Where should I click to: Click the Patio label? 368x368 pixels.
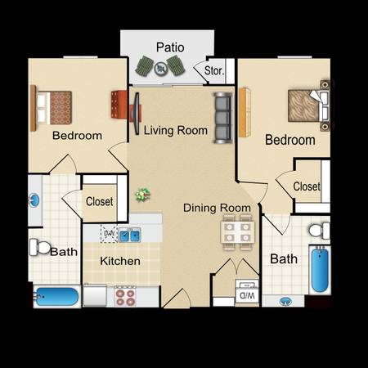(x=170, y=47)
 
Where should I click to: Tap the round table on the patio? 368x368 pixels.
(x=160, y=69)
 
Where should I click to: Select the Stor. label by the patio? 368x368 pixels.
(x=214, y=70)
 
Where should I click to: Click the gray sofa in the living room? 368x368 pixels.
(x=223, y=118)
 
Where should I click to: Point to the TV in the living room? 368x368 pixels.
(x=137, y=114)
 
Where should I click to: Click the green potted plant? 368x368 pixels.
(x=142, y=195)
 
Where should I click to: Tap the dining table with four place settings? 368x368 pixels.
(x=237, y=232)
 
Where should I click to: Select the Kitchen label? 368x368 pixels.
(x=120, y=261)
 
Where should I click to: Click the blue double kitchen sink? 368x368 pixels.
(x=130, y=236)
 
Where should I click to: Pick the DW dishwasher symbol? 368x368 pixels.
(x=110, y=234)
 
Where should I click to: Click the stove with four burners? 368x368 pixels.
(x=125, y=296)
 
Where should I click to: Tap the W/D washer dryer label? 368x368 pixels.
(x=247, y=295)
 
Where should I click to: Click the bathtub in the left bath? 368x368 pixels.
(x=56, y=297)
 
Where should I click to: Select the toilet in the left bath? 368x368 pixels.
(x=40, y=247)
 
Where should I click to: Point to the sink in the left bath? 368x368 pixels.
(x=34, y=200)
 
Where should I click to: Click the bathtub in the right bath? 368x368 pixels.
(x=320, y=270)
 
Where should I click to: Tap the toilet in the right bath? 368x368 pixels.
(x=320, y=231)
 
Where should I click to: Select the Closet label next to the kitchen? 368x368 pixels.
(x=100, y=201)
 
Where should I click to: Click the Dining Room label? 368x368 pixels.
(x=217, y=208)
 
